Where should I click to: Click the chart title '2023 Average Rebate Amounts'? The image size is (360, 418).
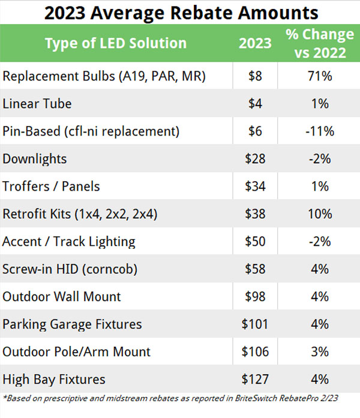point(180,12)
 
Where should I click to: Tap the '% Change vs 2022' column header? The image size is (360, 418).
point(316,44)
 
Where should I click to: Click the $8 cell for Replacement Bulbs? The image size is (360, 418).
point(255,76)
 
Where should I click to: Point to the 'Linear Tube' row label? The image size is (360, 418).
point(37,104)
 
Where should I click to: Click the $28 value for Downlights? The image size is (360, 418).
point(255,159)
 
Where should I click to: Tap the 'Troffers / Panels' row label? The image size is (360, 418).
point(50,187)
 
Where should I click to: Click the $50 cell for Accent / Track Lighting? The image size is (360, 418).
point(255,242)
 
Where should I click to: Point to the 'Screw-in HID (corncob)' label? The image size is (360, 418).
point(70,269)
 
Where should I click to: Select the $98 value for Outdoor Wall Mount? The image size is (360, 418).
point(255,297)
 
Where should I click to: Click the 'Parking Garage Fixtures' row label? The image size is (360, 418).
point(73,324)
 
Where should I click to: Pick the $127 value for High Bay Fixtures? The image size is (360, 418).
point(255,380)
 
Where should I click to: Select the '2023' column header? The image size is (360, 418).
point(255,44)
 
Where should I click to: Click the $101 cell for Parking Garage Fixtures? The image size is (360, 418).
point(255,324)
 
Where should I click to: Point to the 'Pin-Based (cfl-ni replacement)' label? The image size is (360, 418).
point(91,131)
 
